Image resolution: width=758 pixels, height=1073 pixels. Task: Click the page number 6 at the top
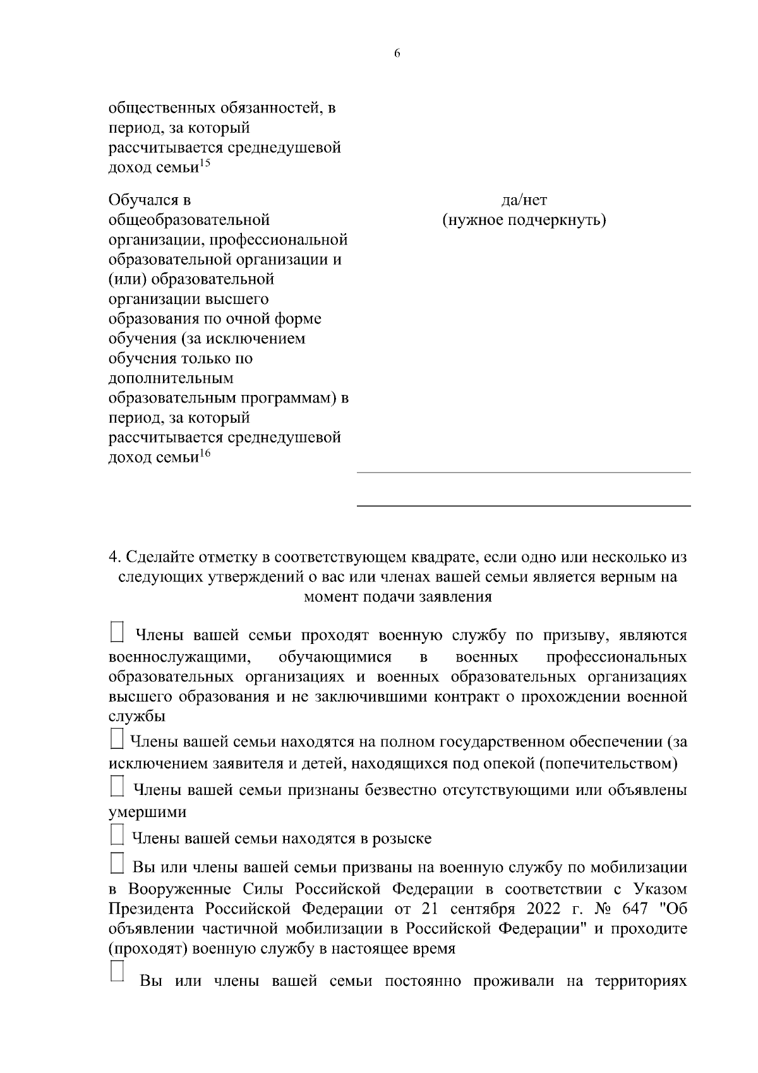(x=397, y=54)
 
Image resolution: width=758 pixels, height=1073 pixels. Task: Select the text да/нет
(x=524, y=200)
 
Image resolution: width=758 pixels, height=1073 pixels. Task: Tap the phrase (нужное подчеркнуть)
(x=524, y=221)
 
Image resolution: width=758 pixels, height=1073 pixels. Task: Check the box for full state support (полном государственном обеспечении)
(x=117, y=740)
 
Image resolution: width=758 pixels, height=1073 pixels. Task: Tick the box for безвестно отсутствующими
(x=117, y=788)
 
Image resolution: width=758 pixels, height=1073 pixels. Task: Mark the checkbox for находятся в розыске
(x=117, y=836)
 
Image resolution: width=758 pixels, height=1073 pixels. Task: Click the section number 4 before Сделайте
(x=113, y=558)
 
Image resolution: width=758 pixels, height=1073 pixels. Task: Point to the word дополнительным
(x=171, y=379)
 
